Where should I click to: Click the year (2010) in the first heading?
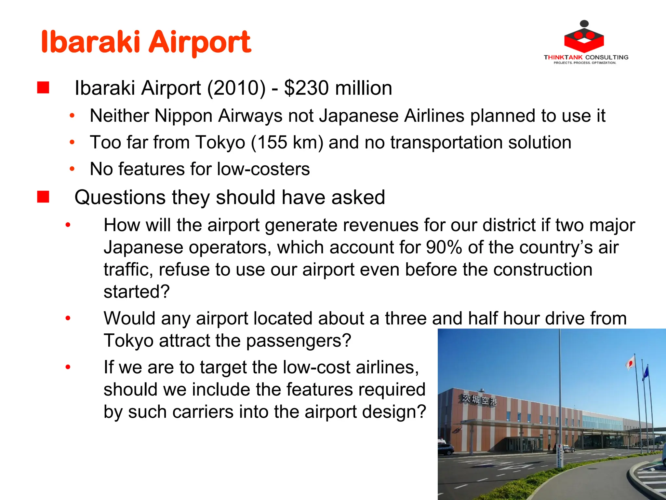pos(236,88)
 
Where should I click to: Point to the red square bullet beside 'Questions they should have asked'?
pos(43,197)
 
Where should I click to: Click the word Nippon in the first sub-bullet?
pos(183,116)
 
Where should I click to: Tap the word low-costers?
pos(263,169)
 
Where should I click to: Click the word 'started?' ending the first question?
pos(137,291)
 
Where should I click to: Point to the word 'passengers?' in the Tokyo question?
pos(299,340)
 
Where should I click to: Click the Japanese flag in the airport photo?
pos(631,362)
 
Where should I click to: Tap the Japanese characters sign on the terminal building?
pos(479,399)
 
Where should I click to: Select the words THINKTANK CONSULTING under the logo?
pos(586,57)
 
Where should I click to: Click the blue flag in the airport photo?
pos(646,373)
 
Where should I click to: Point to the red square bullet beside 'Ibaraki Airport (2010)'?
pos(43,88)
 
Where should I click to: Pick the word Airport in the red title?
pos(200,42)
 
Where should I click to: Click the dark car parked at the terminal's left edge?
pos(446,449)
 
